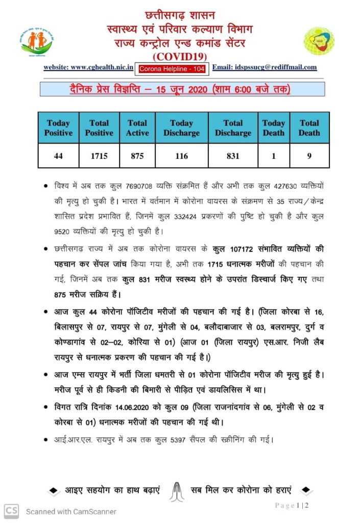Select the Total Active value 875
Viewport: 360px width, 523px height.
point(137,156)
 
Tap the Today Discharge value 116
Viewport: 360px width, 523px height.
point(181,156)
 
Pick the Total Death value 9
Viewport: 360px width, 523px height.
point(309,156)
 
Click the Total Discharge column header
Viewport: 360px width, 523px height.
point(233,128)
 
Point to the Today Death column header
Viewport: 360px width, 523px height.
point(273,128)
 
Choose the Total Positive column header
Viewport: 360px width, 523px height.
point(99,128)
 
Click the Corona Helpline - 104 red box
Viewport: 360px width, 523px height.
point(173,67)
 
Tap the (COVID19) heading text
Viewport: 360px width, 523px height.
point(180,56)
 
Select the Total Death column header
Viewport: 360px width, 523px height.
point(309,128)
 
